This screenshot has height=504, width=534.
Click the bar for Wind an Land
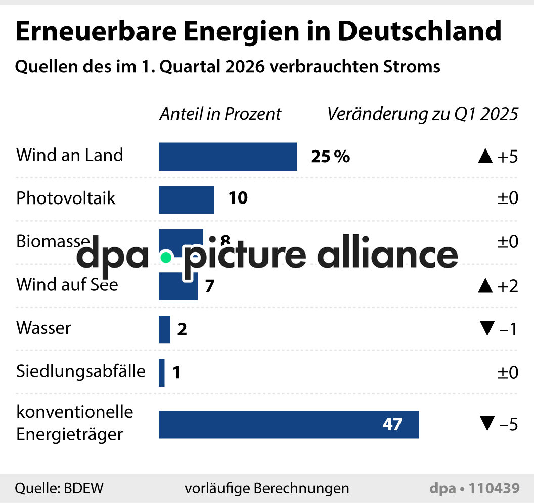[228, 157]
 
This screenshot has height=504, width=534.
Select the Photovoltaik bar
[186, 199]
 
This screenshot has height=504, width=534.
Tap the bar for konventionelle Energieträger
[288, 424]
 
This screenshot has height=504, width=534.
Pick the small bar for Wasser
[164, 329]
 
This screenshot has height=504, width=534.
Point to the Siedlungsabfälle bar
[162, 373]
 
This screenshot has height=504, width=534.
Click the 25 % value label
[330, 157]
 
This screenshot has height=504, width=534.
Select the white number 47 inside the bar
[392, 424]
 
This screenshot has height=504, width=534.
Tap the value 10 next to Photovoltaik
[238, 198]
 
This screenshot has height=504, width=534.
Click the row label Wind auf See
[67, 285]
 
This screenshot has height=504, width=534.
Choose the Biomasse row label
[53, 241]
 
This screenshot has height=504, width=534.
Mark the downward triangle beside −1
[487, 329]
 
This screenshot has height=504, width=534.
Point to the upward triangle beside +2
[485, 286]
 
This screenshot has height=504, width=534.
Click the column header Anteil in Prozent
[220, 114]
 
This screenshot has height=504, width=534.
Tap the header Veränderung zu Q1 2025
[422, 114]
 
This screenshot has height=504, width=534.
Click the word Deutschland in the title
[420, 31]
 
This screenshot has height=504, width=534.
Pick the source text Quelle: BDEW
[59, 488]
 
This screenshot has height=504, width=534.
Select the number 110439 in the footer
[494, 488]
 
